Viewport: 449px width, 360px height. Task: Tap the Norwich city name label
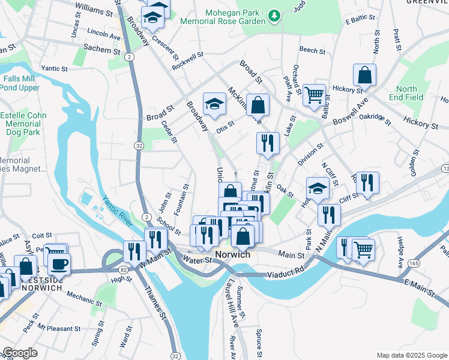tap(232, 254)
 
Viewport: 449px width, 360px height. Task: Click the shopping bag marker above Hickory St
tap(364, 76)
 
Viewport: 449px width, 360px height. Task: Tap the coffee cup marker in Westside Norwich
tap(59, 264)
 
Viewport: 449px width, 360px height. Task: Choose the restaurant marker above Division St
tap(268, 143)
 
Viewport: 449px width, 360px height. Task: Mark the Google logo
tap(20, 353)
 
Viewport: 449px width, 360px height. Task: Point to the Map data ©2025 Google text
tap(411, 355)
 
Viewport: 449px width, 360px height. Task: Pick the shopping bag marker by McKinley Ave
tap(257, 106)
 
